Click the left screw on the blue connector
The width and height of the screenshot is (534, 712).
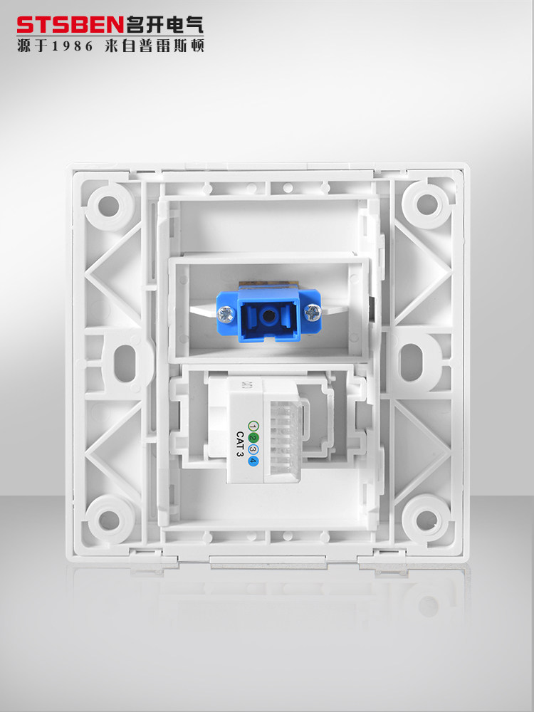tap(225, 314)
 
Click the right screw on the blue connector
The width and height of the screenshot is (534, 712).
tap(313, 312)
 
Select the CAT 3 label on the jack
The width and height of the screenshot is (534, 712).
tap(240, 444)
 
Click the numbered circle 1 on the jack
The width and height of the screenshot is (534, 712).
tap(253, 426)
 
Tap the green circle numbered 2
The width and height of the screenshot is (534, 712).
tap(253, 438)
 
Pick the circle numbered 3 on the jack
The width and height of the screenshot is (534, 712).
tap(253, 449)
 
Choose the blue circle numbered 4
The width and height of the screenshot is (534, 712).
tap(253, 461)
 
